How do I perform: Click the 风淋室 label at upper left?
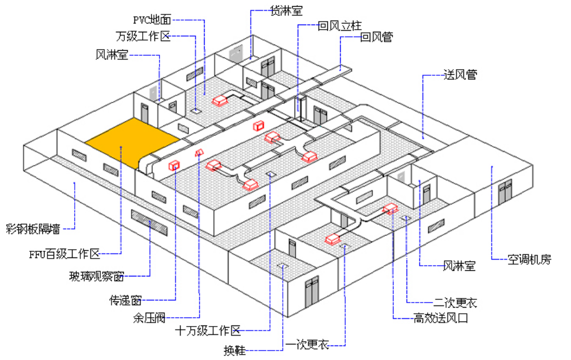112,55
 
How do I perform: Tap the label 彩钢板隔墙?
33,228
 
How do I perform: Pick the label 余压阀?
149,318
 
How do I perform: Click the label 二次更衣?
455,303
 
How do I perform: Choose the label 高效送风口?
441,318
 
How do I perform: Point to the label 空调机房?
529,259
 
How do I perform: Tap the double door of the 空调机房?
505,191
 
